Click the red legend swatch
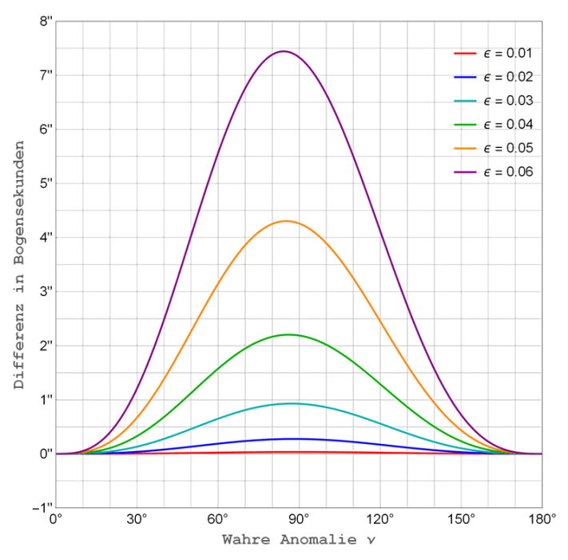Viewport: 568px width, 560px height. (465, 54)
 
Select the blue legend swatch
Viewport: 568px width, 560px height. (465, 78)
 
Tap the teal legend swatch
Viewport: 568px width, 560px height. (465, 101)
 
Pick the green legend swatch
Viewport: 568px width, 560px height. (465, 125)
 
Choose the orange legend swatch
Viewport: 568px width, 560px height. (465, 148)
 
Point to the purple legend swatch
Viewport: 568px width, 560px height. (465, 172)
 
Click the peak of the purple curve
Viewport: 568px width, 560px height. (284, 51)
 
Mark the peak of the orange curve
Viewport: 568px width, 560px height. (286, 221)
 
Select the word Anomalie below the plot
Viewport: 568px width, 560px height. (318, 540)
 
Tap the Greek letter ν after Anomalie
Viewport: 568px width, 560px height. (370, 541)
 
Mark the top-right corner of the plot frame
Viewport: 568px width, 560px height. (542, 22)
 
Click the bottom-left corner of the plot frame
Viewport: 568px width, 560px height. (56, 507)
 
